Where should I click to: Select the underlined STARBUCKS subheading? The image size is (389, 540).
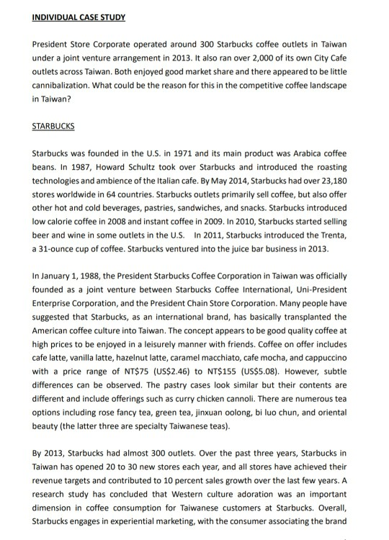click(x=54, y=127)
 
